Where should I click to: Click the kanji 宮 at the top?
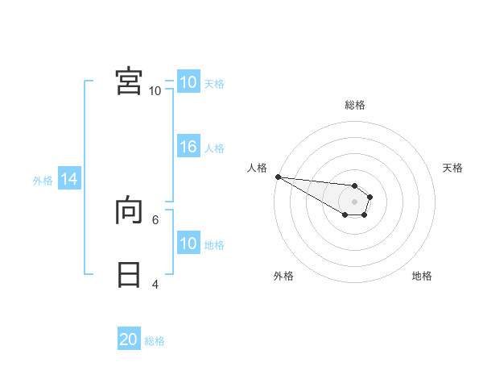pos(129,81)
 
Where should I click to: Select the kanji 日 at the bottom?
pos(129,275)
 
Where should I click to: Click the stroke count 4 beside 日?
pos(155,285)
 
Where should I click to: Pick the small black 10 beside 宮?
pos(155,91)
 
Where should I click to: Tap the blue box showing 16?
pos(188,147)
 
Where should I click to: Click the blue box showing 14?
pos(69,180)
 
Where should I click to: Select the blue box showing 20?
pos(129,339)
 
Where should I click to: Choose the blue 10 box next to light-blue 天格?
pos(188,82)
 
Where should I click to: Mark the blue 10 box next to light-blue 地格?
pos(188,244)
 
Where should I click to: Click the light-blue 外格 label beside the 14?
pos(43,181)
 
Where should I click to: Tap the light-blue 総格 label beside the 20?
pos(155,341)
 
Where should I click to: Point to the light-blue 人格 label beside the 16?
pos(214,148)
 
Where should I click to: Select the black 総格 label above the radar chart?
pos(354,105)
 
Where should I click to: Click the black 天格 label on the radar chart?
pos(452,168)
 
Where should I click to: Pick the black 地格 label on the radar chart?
pos(422,276)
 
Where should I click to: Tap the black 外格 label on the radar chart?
pos(283,276)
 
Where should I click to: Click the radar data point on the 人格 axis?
pos(278,177)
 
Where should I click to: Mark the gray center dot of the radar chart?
pos(354,202)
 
